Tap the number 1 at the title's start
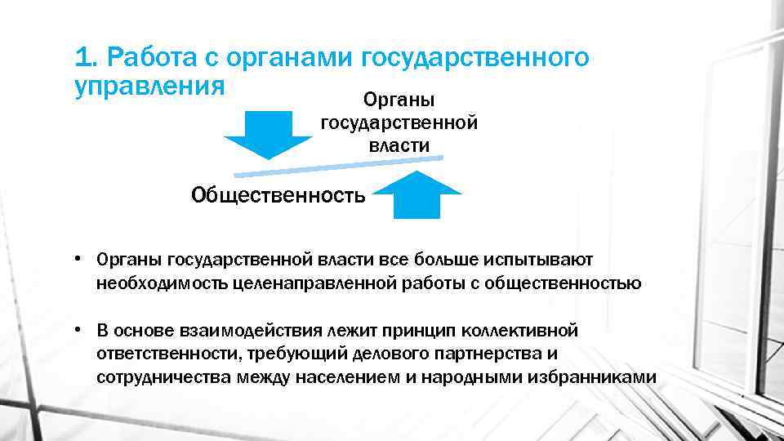pyautogui.click(x=80, y=58)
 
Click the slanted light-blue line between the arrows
pyautogui.click(x=339, y=166)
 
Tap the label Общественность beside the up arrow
pyautogui.click(x=278, y=195)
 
